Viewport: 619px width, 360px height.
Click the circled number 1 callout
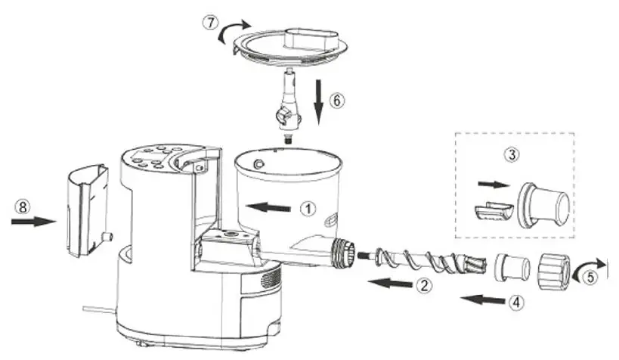tap(306, 209)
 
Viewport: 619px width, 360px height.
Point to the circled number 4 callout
tap(515, 301)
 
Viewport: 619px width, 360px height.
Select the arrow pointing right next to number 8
tap(35, 222)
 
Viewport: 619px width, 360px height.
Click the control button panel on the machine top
tap(155, 158)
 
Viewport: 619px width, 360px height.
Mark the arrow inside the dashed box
tap(489, 183)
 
